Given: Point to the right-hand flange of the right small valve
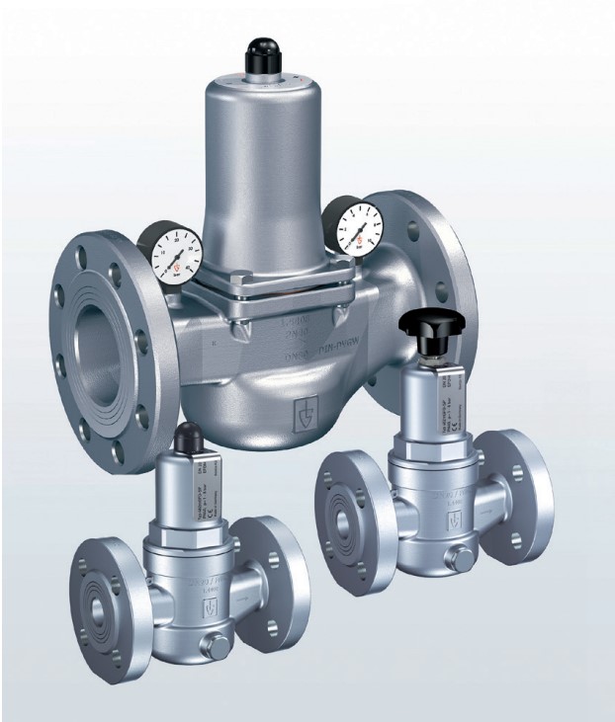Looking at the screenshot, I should pos(520,488).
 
